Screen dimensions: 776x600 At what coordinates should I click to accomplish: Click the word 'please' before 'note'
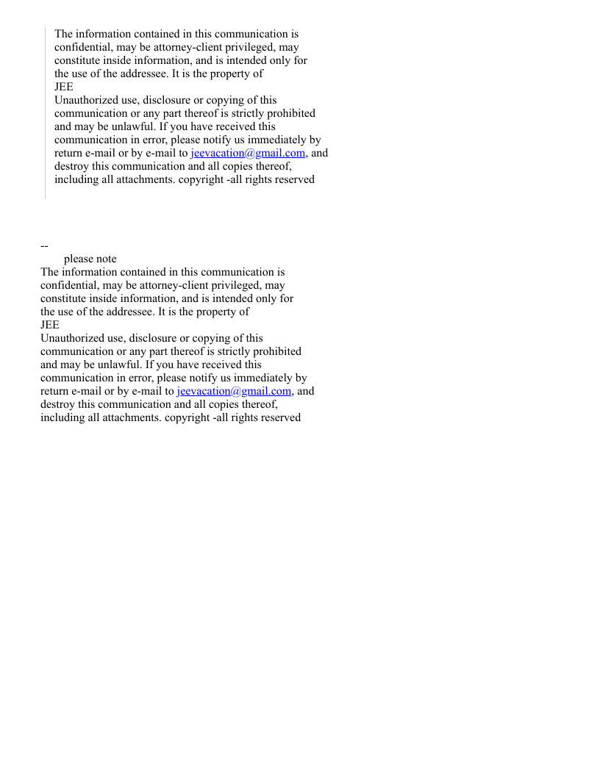click(79, 259)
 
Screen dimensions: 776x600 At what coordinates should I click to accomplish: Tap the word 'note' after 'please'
click(106, 259)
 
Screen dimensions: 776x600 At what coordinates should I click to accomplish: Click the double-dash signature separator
click(44, 245)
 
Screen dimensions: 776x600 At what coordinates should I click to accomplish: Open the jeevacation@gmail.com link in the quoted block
click(247, 153)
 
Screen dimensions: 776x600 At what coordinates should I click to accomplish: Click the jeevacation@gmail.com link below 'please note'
click(233, 391)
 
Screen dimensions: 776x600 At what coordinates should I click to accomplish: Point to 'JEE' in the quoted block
click(64, 87)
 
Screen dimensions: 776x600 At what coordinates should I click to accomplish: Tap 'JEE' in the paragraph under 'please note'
click(50, 325)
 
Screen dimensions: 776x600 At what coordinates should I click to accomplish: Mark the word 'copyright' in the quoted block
click(201, 179)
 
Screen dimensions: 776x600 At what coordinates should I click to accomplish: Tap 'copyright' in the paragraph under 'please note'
click(187, 417)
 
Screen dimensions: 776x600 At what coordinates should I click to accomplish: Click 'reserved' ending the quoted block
click(293, 179)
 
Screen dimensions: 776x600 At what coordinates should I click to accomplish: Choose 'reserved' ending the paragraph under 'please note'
click(279, 417)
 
